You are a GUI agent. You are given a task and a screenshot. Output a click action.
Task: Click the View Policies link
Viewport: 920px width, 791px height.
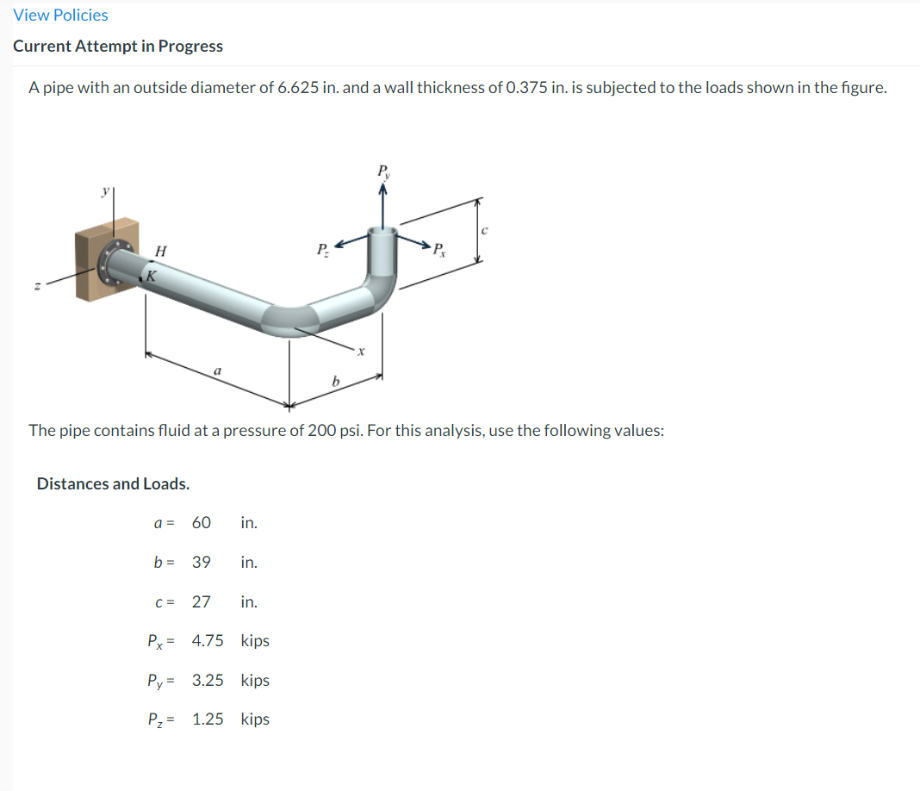(60, 15)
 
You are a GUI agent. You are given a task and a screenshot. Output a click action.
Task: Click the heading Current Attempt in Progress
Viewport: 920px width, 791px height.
(118, 47)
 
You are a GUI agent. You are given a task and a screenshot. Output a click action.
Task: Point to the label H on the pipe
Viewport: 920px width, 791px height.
(160, 250)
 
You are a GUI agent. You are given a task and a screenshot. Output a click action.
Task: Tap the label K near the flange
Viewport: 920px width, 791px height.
(151, 276)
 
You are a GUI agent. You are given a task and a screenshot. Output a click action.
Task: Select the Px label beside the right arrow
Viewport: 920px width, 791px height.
(439, 252)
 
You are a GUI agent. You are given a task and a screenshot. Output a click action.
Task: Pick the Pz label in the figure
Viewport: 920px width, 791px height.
(320, 251)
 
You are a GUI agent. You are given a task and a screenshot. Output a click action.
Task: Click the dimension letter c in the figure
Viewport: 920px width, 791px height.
(486, 230)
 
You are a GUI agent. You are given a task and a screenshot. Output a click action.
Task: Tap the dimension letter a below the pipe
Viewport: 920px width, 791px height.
(217, 370)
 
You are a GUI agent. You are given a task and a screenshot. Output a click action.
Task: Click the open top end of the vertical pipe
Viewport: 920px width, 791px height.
(382, 230)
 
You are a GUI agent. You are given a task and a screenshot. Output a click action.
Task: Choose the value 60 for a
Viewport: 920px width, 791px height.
(201, 522)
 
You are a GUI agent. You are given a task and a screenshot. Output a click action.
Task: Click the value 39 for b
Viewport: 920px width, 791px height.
(201, 562)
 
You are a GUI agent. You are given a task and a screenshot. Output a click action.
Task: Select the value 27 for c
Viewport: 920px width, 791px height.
(201, 601)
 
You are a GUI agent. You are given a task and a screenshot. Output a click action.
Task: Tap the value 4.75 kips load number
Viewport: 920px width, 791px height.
(208, 641)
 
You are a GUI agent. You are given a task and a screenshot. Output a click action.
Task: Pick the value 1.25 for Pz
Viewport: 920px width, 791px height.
(208, 719)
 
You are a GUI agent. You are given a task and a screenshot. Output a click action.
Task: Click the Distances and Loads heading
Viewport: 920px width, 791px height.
(113, 483)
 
